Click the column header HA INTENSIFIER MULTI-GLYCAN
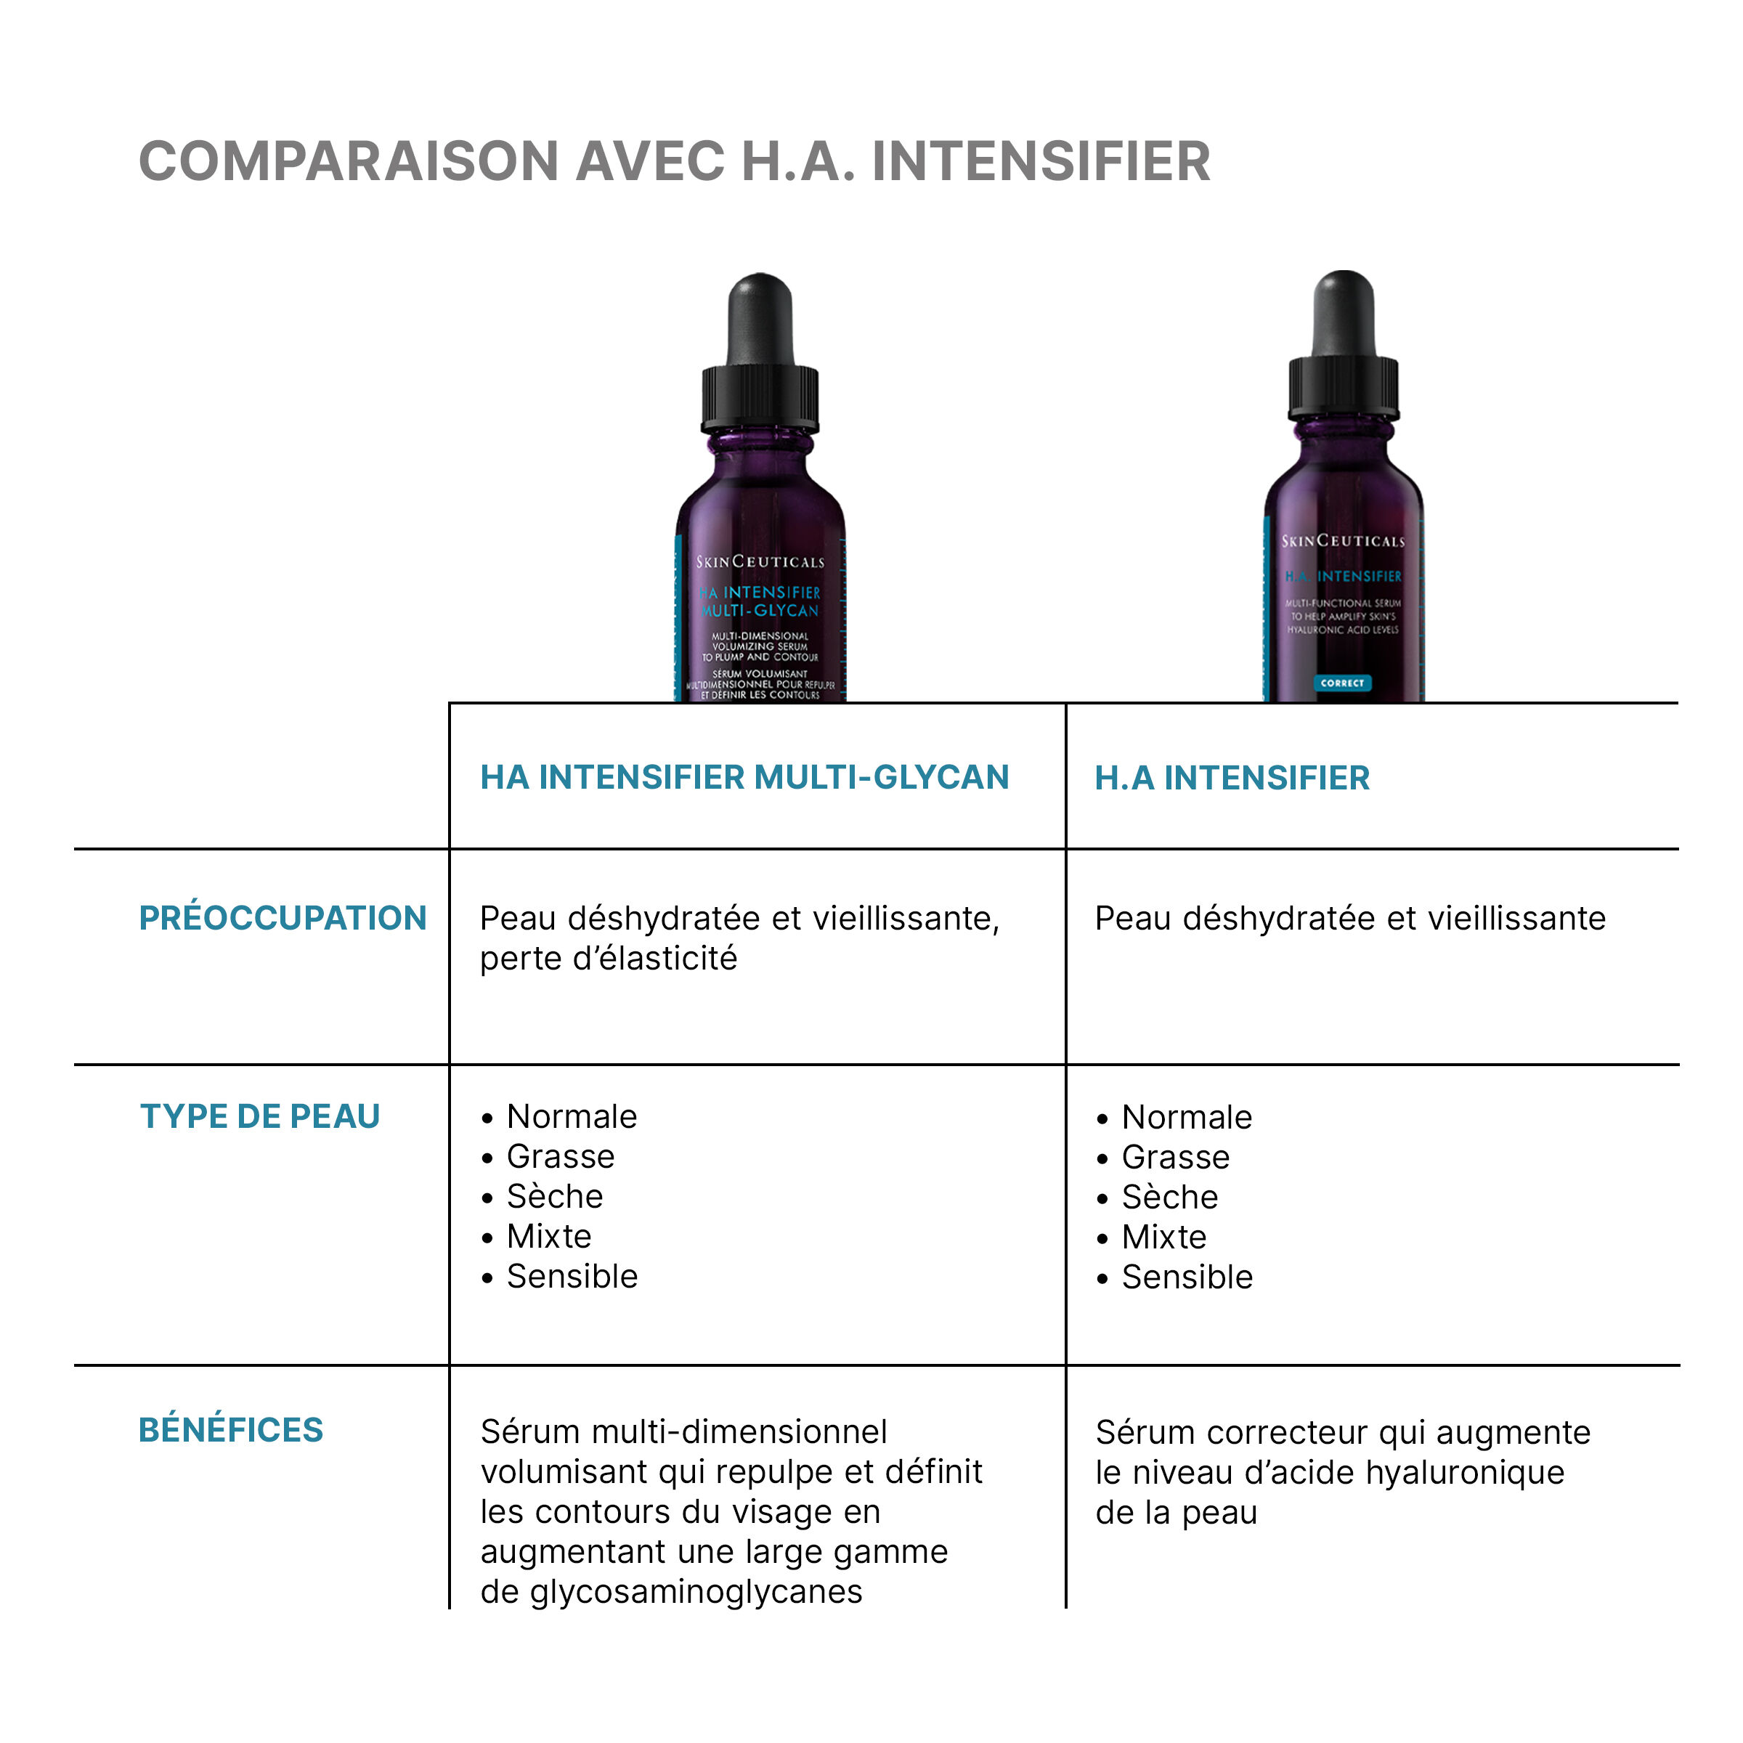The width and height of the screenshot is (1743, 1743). [744, 777]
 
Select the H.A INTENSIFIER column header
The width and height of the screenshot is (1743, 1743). [1232, 778]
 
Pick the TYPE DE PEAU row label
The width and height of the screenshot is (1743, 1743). [260, 1116]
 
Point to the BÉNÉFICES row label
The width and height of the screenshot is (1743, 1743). [231, 1430]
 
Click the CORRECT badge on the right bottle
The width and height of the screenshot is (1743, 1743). [1341, 683]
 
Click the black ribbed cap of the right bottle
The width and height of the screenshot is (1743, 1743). [1344, 386]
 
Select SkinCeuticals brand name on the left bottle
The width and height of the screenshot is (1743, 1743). [760, 561]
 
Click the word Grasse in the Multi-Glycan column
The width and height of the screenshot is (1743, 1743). [560, 1157]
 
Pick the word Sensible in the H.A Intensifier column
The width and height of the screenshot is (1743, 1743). [1187, 1277]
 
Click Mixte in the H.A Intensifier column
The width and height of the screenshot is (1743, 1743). [1163, 1237]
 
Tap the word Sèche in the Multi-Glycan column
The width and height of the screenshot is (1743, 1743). [554, 1196]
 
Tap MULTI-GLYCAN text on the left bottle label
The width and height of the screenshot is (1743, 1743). [760, 611]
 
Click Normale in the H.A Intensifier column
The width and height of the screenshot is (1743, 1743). [1187, 1117]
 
